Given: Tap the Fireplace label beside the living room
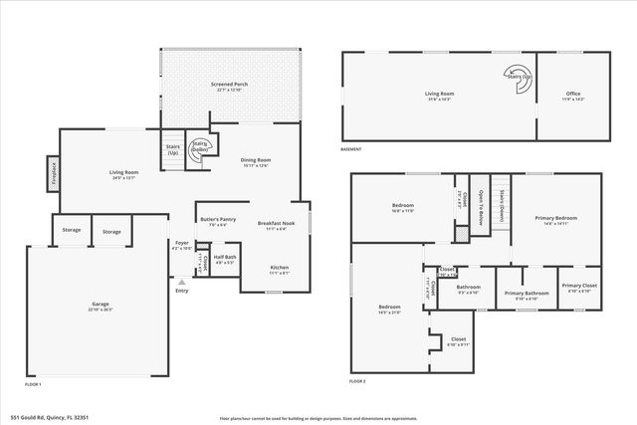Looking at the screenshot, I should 53,171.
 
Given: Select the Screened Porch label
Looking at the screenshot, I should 231,85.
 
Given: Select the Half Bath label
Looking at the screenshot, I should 225,258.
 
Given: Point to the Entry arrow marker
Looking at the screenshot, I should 181,282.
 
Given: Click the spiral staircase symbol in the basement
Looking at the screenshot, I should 519,75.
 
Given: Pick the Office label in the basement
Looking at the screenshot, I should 572,96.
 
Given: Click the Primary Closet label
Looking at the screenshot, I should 578,287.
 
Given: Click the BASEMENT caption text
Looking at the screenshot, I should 352,150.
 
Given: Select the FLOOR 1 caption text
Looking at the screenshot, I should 34,383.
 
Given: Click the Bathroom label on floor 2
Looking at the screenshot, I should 468,288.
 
